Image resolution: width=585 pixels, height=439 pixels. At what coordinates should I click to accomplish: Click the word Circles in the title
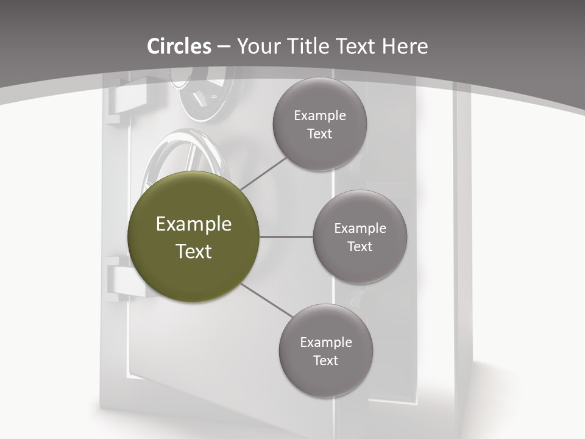point(179,46)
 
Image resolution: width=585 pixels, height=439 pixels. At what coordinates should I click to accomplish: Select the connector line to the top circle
point(263,173)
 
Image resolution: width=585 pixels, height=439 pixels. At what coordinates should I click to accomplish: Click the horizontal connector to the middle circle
point(286,237)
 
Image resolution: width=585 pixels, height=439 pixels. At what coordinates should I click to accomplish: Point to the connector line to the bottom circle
point(266,300)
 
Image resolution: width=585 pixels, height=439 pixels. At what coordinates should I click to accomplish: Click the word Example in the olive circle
point(194,224)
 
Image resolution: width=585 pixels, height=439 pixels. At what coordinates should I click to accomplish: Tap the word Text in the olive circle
point(194,251)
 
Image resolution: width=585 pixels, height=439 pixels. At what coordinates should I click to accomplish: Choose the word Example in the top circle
point(320,115)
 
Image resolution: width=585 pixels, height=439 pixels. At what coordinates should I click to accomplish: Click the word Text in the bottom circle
point(325,360)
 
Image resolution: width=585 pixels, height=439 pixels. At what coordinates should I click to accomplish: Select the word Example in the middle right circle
point(360,228)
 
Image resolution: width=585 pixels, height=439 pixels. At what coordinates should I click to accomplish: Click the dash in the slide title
point(224,46)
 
